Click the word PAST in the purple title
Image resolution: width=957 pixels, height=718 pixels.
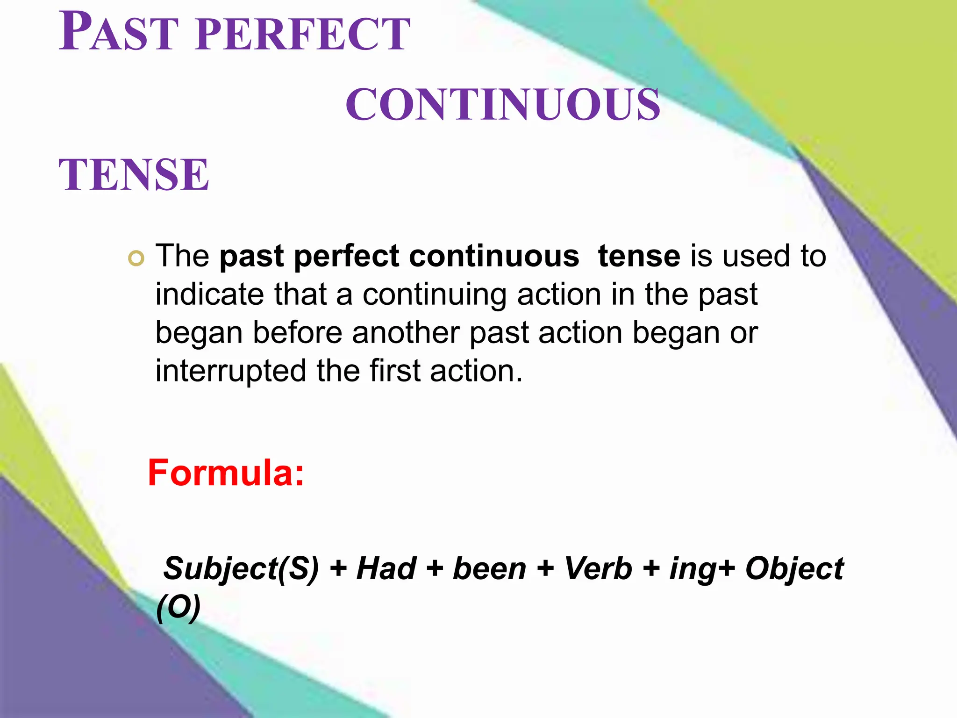119,33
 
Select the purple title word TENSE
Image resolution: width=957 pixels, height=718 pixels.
134,175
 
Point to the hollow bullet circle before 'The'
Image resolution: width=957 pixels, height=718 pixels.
136,258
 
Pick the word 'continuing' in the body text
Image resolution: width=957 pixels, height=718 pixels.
434,295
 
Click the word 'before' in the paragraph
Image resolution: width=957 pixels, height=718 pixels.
298,333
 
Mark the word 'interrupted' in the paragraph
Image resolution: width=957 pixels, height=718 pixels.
230,371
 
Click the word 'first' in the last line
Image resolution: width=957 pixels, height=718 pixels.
395,371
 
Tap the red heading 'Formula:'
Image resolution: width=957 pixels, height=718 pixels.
226,473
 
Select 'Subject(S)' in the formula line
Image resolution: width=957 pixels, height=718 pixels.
241,569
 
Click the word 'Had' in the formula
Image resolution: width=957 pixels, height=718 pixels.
386,569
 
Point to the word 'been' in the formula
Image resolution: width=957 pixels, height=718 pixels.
490,569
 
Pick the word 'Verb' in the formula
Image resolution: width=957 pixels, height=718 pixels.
598,569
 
